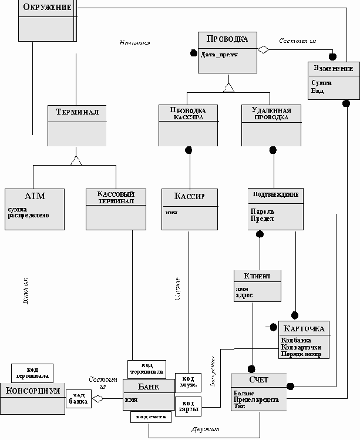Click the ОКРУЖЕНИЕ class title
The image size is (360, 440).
pyautogui.click(x=46, y=8)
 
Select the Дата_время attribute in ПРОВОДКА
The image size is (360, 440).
pyautogui.click(x=218, y=54)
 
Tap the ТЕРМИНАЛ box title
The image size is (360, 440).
pyautogui.click(x=76, y=112)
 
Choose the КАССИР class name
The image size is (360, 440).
pyautogui.click(x=190, y=196)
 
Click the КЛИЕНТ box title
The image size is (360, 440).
pyautogui.click(x=258, y=276)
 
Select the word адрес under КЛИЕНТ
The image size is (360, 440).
pyautogui.click(x=244, y=295)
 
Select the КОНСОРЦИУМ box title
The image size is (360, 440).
pyautogui.click(x=33, y=391)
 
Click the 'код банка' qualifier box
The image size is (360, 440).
pyautogui.click(x=78, y=398)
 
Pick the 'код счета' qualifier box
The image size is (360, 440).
pyautogui.click(x=151, y=417)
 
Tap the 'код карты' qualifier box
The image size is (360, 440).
pyautogui.click(x=188, y=405)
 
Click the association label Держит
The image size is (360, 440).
pyautogui.click(x=205, y=430)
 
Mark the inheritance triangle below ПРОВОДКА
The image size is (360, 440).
pyautogui.click(x=228, y=88)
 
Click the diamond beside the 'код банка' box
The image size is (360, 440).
pyautogui.click(x=97, y=399)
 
